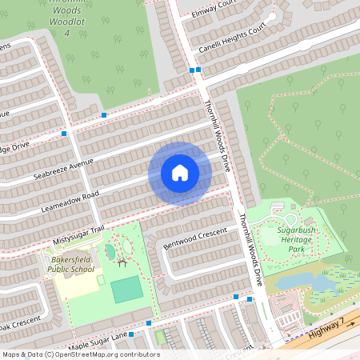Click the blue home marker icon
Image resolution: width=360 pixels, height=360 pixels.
coord(180,173)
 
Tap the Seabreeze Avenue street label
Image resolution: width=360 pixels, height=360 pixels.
coord(64,170)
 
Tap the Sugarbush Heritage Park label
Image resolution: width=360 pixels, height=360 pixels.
coord(298,239)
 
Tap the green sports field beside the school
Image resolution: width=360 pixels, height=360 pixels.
coord(126,290)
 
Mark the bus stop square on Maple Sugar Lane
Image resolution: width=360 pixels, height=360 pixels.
coord(150,323)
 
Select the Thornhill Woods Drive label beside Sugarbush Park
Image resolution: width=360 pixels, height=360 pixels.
coord(250,248)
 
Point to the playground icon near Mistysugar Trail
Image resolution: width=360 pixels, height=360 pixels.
coord(122,261)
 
